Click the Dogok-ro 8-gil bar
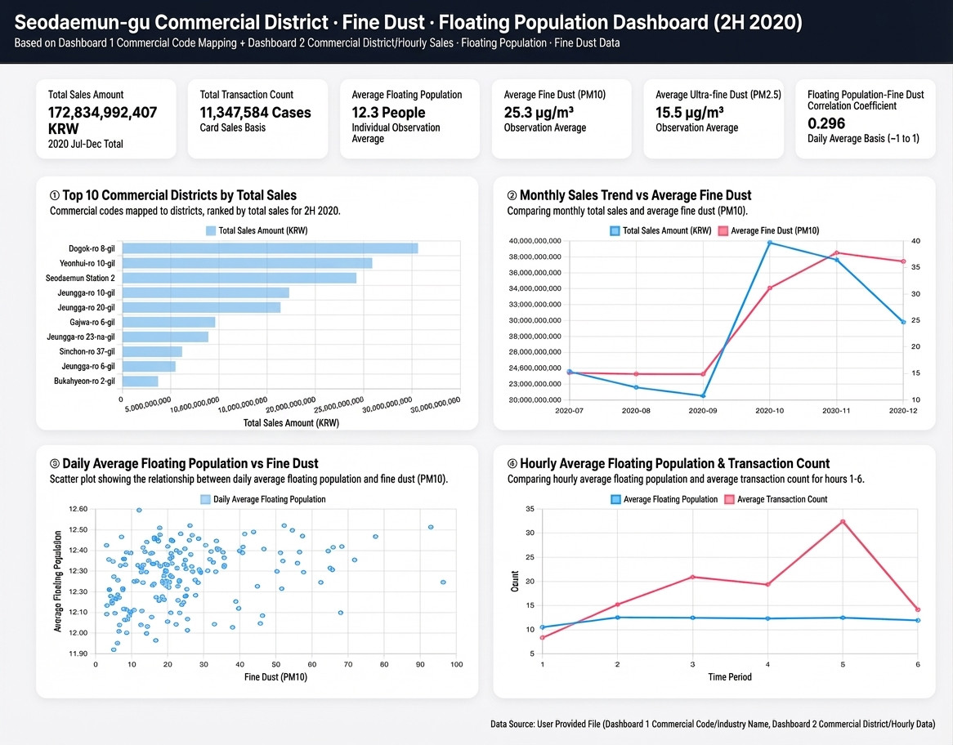pyautogui.click(x=271, y=248)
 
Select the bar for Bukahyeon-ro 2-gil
pyautogui.click(x=141, y=381)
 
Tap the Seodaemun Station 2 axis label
pyautogui.click(x=80, y=279)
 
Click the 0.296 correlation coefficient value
pyautogui.click(x=826, y=123)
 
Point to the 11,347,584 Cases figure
pyautogui.click(x=255, y=113)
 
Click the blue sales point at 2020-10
pyautogui.click(x=769, y=243)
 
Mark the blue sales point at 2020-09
pyautogui.click(x=703, y=395)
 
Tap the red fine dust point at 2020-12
pyautogui.click(x=903, y=261)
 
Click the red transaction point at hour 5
pyautogui.click(x=843, y=521)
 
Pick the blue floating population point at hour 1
pyautogui.click(x=543, y=627)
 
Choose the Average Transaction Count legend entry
pyautogui.click(x=776, y=499)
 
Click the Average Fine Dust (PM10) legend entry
pyautogui.click(x=768, y=231)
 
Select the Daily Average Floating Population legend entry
pyautogui.click(x=263, y=499)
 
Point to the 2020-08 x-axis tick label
pyautogui.click(x=636, y=411)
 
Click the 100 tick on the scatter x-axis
pyautogui.click(x=456, y=664)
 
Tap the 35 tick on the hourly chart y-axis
pyautogui.click(x=530, y=509)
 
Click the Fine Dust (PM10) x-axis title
pyautogui.click(x=275, y=677)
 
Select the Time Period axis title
pyautogui.click(x=729, y=677)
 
